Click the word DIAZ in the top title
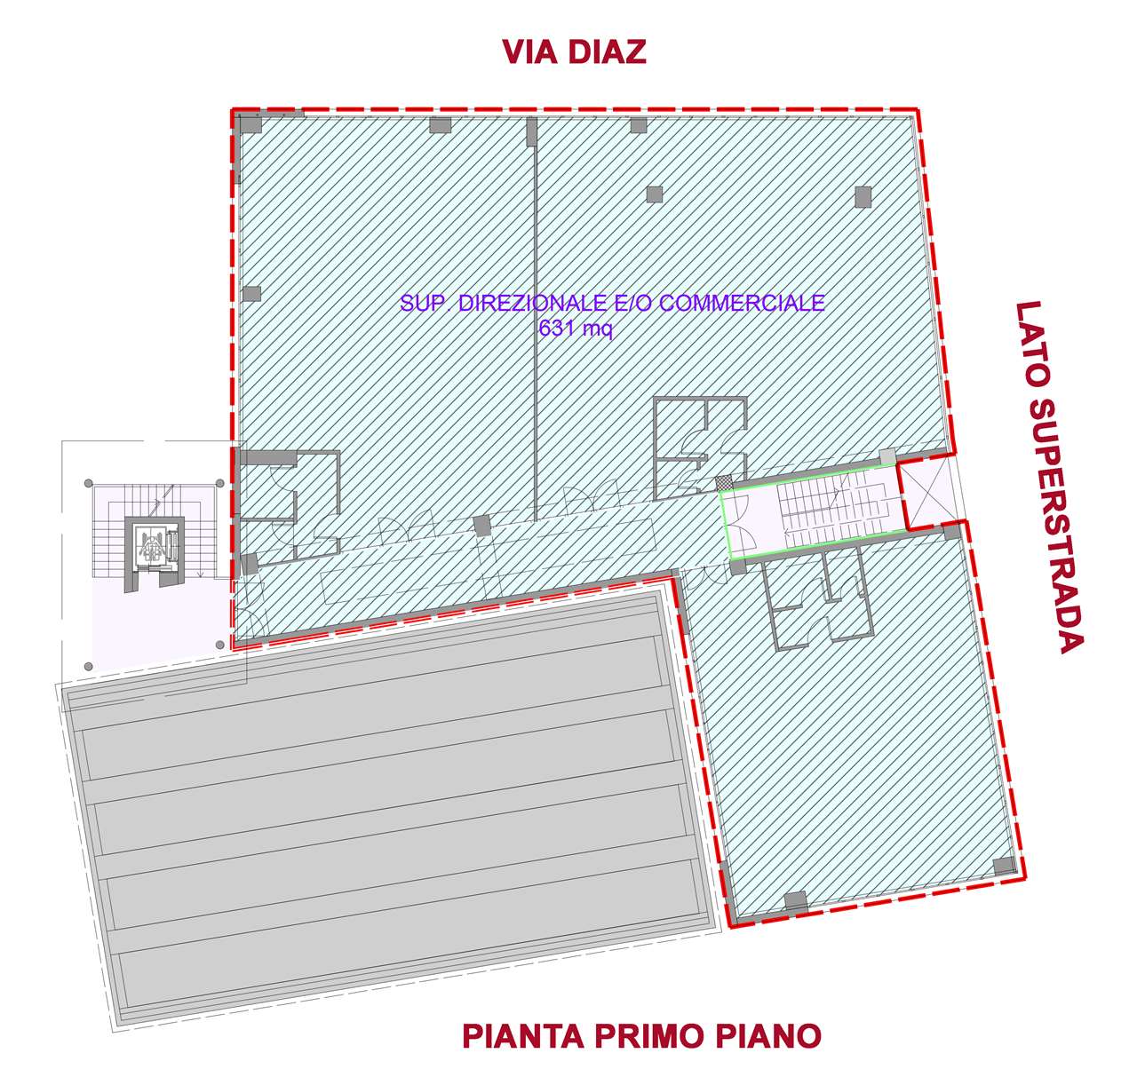coord(607,51)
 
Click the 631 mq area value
coord(576,329)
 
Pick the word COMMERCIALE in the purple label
coord(742,303)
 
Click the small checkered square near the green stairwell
coord(724,483)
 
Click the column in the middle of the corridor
coord(482,526)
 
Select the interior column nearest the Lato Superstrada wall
coord(863,197)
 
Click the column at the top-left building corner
coord(250,123)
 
